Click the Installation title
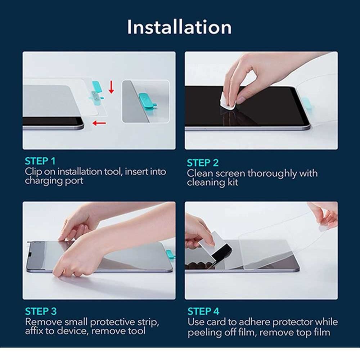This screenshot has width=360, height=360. [179, 27]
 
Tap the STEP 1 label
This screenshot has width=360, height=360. [40, 161]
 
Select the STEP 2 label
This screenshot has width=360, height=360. [203, 163]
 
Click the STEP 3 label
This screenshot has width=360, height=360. [41, 311]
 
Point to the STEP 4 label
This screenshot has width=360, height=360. [203, 311]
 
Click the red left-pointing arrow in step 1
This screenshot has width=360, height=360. [99, 123]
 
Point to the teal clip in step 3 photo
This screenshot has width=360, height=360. [170, 255]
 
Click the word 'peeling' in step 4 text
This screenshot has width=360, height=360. [204, 332]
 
